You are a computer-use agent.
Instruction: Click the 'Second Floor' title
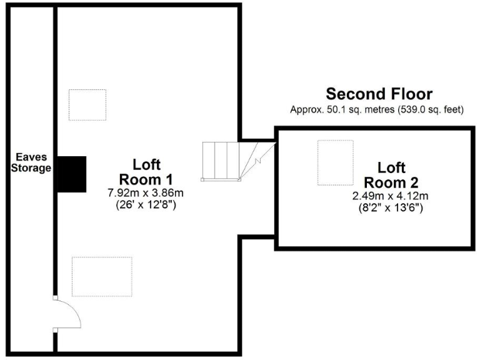point(379,94)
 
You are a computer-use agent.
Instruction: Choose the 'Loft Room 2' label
point(391,176)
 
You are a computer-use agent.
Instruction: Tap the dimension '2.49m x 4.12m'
point(391,196)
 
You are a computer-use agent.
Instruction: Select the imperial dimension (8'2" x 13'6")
point(391,207)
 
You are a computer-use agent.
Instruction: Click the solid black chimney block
point(71,174)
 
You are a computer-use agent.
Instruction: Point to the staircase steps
point(221,161)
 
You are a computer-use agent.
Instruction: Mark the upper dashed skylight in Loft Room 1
point(87,104)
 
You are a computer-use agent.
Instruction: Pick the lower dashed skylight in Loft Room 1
point(102,276)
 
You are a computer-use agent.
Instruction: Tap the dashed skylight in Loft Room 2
point(335,162)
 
